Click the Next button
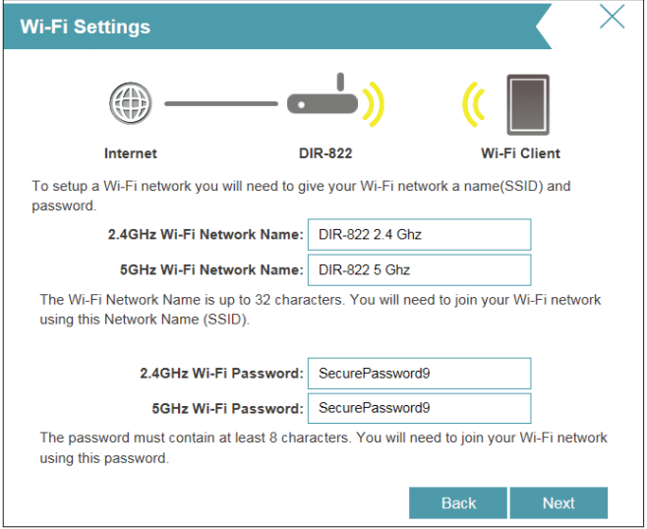[x=559, y=502]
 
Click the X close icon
[x=612, y=17]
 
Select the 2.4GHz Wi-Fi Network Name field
[x=419, y=235]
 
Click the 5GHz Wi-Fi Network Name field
[x=419, y=269]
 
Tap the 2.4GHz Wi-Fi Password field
[x=419, y=374]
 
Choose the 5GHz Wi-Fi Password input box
[x=419, y=408]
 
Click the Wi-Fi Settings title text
[x=86, y=27]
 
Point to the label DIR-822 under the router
[x=324, y=153]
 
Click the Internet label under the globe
[x=131, y=153]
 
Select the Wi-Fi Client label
[x=520, y=153]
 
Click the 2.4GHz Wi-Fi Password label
[x=221, y=374]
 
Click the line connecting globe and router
[x=220, y=102]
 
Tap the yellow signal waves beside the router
[x=375, y=102]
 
